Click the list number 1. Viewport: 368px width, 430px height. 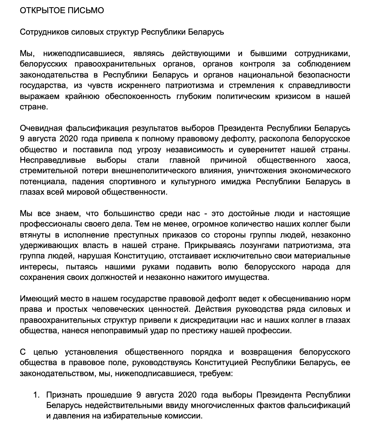point(36,395)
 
